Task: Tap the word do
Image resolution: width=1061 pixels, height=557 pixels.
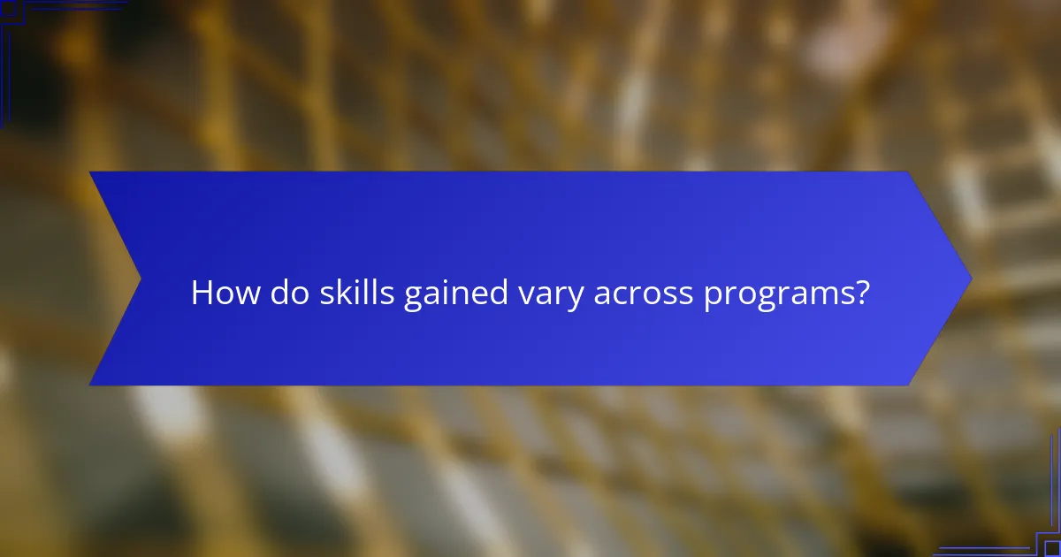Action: tap(288, 294)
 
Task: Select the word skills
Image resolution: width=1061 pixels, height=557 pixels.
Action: tap(355, 294)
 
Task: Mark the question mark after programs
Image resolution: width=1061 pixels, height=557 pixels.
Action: tap(861, 294)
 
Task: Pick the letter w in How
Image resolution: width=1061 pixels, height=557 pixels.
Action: tap(248, 295)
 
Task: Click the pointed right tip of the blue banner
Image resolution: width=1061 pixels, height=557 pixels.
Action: tap(970, 278)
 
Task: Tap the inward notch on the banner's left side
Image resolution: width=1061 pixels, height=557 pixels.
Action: tap(140, 278)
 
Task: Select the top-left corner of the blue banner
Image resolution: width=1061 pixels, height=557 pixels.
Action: tap(91, 173)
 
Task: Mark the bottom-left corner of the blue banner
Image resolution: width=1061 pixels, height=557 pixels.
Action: tap(91, 384)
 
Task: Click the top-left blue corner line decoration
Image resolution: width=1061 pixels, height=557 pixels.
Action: tap(18, 18)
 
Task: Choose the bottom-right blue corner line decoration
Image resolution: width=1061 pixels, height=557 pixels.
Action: tap(1043, 539)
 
